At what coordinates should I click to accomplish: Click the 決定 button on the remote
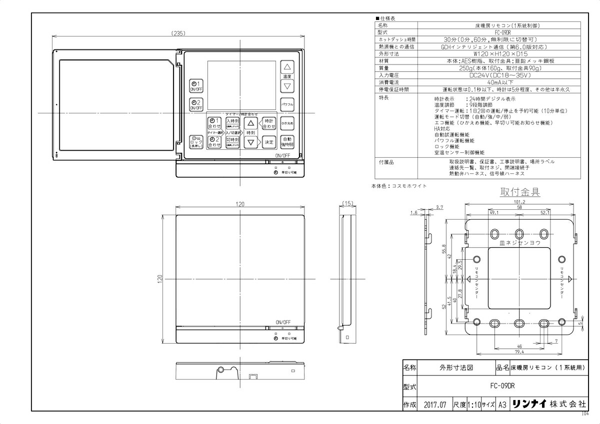click(269, 142)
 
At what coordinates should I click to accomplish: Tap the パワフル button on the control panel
click(286, 105)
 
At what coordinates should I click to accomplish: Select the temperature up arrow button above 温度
click(287, 67)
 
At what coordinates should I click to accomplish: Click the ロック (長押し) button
click(196, 142)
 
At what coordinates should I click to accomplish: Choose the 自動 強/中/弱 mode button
click(286, 142)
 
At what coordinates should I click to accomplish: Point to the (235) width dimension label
click(178, 33)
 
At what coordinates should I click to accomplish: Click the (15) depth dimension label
click(348, 204)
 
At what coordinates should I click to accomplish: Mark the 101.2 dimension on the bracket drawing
click(519, 202)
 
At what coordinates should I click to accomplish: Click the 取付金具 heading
click(520, 192)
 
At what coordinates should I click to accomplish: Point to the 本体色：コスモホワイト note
click(399, 186)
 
